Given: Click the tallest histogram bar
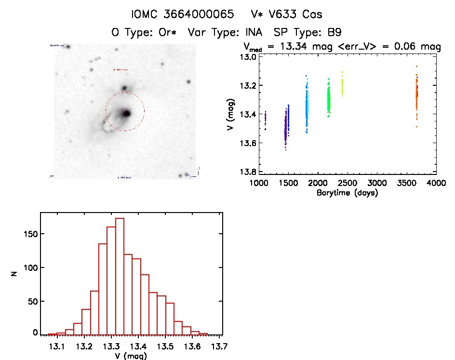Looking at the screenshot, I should pyautogui.click(x=120, y=276).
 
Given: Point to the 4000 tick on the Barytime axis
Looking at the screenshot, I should pyautogui.click(x=436, y=183).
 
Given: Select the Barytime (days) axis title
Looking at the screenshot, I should pyautogui.click(x=347, y=193).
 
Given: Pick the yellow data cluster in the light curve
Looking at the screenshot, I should pyautogui.click(x=343, y=85).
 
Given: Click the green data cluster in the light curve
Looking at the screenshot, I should pyautogui.click(x=329, y=100).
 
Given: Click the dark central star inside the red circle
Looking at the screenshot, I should pyautogui.click(x=126, y=113).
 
